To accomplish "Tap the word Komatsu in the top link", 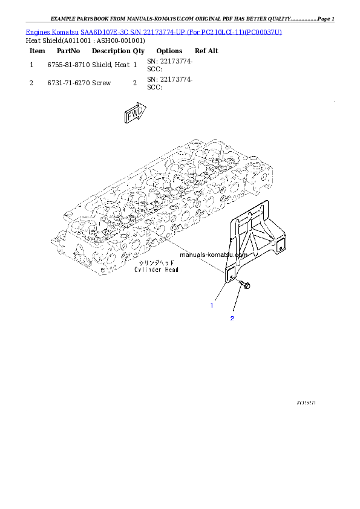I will pyautogui.click(x=67, y=31).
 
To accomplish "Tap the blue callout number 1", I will pyautogui.click(x=212, y=305).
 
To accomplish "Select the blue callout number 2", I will pyautogui.click(x=232, y=318).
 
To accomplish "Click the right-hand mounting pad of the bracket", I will pyautogui.click(x=280, y=245).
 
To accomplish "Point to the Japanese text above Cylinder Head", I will pyautogui.click(x=155, y=263).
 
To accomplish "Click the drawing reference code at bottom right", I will pyautogui.click(x=307, y=401).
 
